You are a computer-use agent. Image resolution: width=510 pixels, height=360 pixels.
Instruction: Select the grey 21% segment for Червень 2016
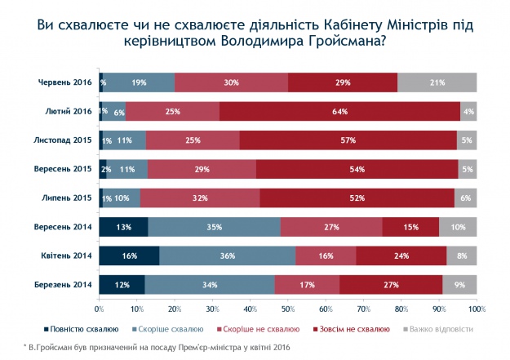[437, 82]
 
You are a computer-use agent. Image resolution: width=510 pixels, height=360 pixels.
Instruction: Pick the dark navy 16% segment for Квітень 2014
[129, 256]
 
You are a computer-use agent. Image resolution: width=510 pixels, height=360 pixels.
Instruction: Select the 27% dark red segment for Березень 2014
[391, 284]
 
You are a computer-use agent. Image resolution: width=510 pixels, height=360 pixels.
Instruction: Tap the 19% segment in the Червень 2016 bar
[140, 82]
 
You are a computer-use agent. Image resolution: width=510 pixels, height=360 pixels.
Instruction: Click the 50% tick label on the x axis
[288, 309]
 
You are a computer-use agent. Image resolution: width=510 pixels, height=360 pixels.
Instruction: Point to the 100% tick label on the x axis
[477, 309]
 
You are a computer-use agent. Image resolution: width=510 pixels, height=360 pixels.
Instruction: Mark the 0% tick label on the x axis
[99, 309]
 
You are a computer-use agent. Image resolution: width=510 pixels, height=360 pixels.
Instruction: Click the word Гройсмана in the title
[335, 41]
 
